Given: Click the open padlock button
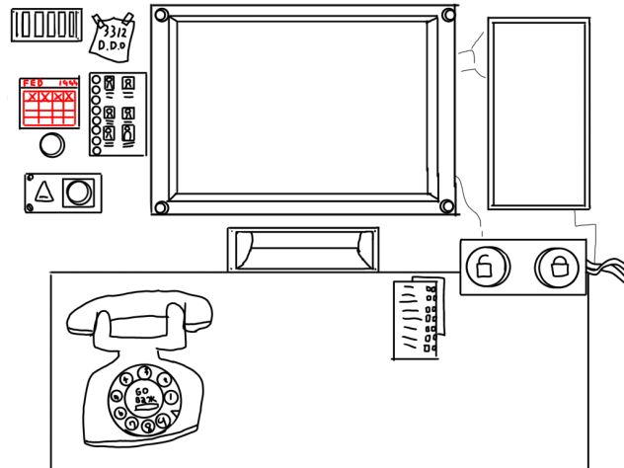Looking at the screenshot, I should coord(485,266).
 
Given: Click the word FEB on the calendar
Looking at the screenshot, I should coord(34,83).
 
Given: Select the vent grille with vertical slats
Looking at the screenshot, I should coord(45,26).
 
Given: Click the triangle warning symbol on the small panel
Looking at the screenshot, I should coord(42,192).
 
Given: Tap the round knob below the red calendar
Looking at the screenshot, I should coord(51,146).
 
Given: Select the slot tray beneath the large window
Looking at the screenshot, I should coord(302,249).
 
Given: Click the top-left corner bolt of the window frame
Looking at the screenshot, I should coord(162,16).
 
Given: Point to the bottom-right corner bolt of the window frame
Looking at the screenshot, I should coord(447,206).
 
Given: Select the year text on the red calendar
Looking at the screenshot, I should coord(67,83).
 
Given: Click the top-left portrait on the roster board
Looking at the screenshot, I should coord(110,84).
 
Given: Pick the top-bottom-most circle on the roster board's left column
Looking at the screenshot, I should coord(96,150).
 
